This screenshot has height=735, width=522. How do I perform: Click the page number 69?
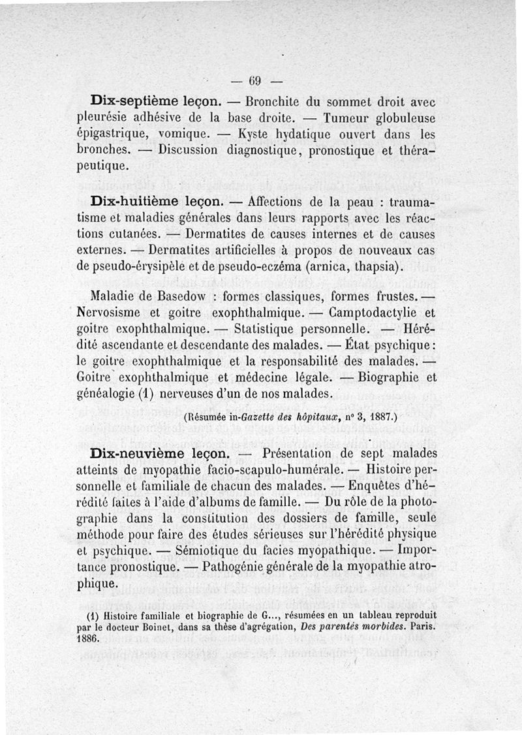[x=254, y=82]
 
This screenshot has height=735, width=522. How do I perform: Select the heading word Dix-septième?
[x=130, y=102]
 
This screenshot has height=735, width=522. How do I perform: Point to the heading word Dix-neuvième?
[x=133, y=452]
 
